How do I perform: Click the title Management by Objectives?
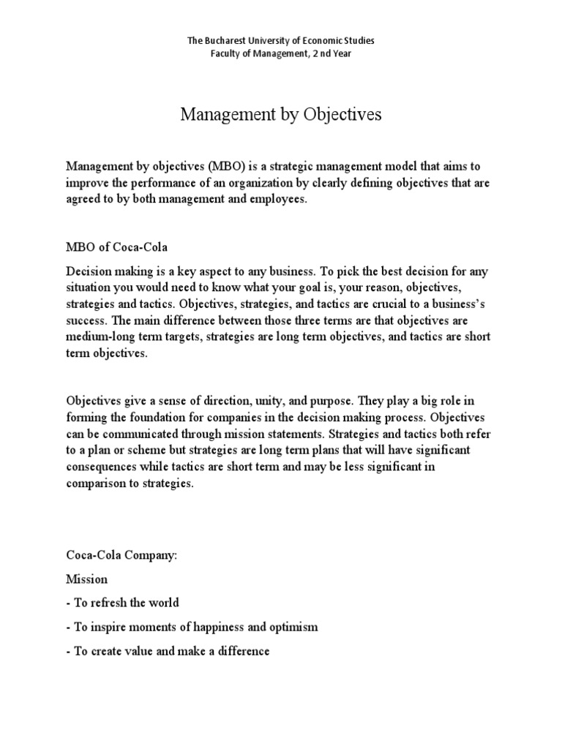coord(281,115)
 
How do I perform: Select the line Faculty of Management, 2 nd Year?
coord(281,53)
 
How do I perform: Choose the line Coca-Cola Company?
coord(121,556)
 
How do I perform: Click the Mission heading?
coord(87,579)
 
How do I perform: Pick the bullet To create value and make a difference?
coord(168,651)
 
